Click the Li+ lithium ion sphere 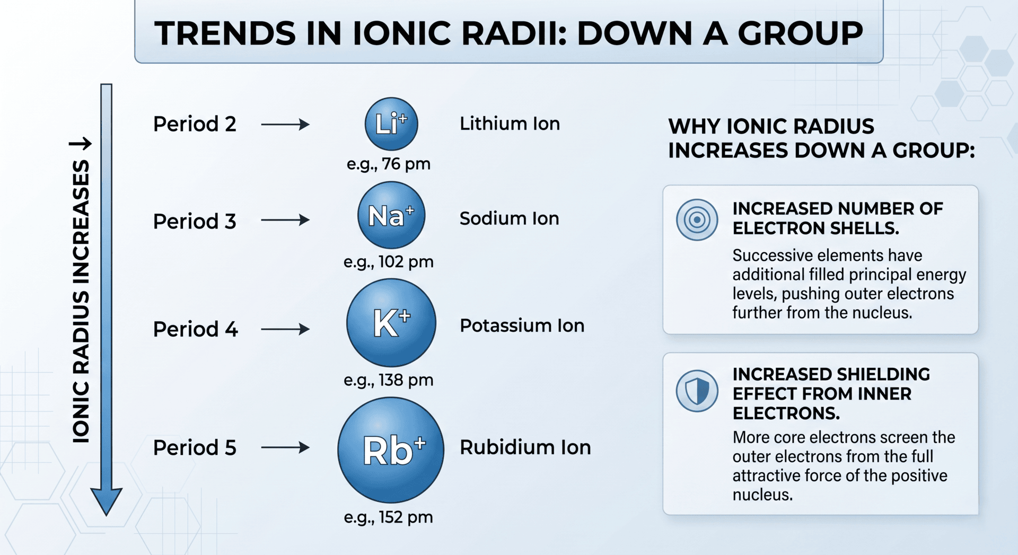(x=391, y=124)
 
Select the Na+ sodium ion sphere (x=391, y=215)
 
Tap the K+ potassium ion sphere (x=391, y=323)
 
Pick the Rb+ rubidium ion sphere (x=391, y=450)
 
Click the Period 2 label (x=195, y=124)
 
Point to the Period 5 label (x=195, y=448)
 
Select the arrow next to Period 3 (x=285, y=220)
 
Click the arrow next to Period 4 (x=285, y=329)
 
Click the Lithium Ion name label (x=510, y=124)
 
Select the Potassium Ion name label (x=522, y=325)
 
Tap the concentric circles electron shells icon (x=697, y=219)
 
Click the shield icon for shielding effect (x=697, y=391)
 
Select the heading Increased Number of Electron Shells (x=837, y=218)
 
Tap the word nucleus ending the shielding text (x=761, y=495)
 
